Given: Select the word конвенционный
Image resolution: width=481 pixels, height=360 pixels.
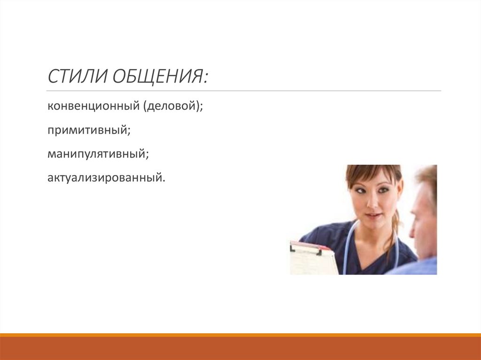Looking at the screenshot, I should [x=90, y=107].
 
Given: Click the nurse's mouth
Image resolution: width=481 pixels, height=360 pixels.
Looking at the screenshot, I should [x=373, y=215].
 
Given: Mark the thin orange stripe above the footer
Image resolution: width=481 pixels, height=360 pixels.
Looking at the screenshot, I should [x=240, y=335].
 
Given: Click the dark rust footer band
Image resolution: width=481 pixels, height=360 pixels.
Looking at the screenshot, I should [x=240, y=348].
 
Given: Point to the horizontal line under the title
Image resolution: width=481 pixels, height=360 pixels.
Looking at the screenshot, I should [x=244, y=91].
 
